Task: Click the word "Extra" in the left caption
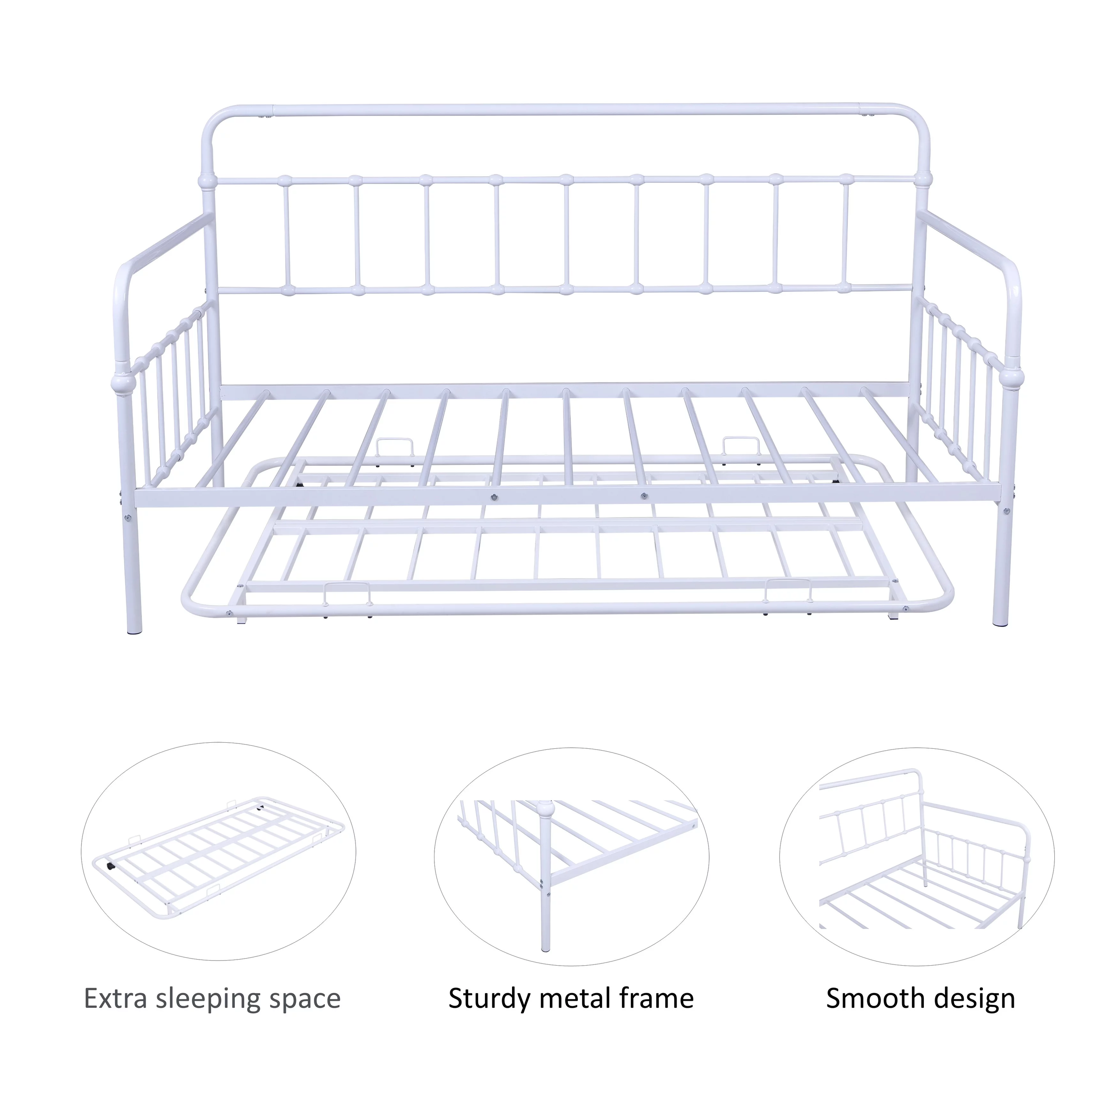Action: (x=116, y=999)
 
